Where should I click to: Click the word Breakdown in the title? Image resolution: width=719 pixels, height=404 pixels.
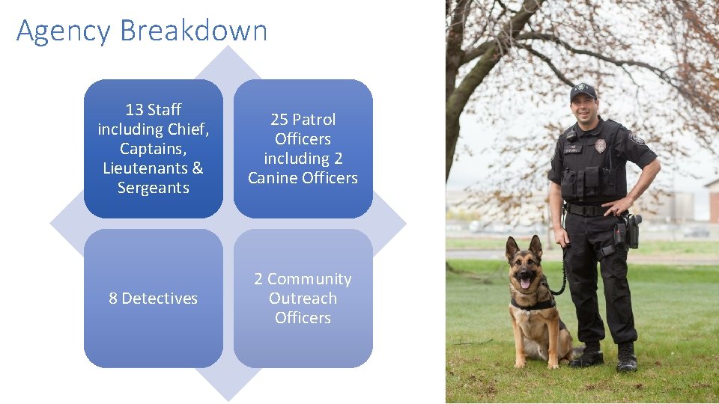pyautogui.click(x=193, y=31)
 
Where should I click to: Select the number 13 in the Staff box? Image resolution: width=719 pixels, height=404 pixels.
pyautogui.click(x=134, y=110)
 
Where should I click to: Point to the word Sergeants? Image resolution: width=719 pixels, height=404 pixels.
pyautogui.click(x=153, y=188)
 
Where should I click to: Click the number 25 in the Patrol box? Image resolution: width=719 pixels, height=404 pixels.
pyautogui.click(x=279, y=120)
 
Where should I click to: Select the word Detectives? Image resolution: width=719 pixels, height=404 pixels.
pyautogui.click(x=160, y=299)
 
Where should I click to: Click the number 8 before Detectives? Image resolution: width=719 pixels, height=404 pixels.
pyautogui.click(x=113, y=299)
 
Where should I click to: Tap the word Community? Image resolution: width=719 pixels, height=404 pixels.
pyautogui.click(x=309, y=279)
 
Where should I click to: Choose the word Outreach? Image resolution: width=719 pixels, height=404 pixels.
pyautogui.click(x=303, y=299)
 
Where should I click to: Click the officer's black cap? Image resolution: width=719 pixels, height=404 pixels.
pyautogui.click(x=583, y=91)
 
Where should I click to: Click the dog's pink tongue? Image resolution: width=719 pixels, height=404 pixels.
pyautogui.click(x=524, y=284)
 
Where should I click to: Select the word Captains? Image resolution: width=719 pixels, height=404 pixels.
pyautogui.click(x=153, y=149)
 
